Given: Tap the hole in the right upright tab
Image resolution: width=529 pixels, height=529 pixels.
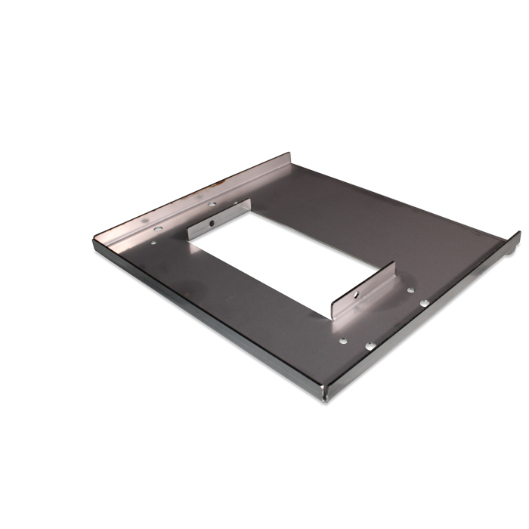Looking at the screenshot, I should coord(354,291).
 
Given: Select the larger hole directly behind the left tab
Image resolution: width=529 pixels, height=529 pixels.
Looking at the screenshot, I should coord(212,204).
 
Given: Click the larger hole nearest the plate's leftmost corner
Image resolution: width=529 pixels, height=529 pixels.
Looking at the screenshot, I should coord(157,228).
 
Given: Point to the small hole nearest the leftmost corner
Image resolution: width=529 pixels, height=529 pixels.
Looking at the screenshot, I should coord(154,243).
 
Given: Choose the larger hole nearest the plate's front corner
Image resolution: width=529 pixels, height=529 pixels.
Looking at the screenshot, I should coord(370,346).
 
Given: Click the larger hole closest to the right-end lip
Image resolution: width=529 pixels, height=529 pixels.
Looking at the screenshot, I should coord(425,303).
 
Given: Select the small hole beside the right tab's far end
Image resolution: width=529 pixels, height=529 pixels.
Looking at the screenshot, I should coord(410,289).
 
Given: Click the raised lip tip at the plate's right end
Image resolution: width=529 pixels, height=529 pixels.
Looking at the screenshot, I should coord(518,235).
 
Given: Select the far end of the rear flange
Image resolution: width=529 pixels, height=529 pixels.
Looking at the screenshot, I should coord(289,156).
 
